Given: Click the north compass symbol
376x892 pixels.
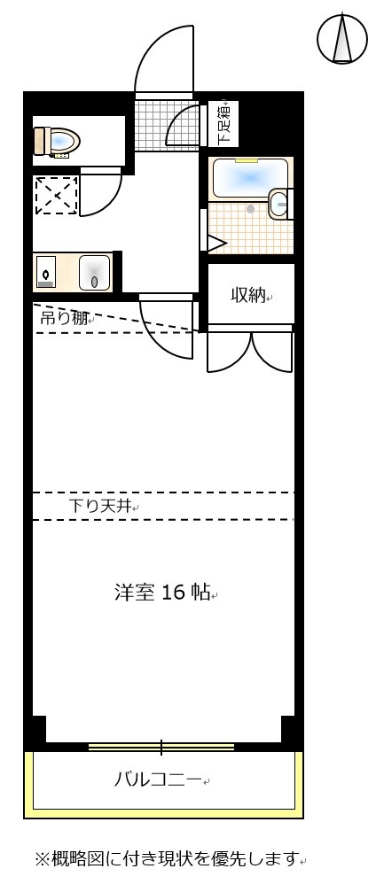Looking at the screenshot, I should click(342, 38).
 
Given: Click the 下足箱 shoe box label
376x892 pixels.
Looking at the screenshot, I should click(224, 124).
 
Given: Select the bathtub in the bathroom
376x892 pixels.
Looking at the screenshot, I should click(250, 177).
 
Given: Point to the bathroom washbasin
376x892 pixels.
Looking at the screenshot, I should click(278, 204).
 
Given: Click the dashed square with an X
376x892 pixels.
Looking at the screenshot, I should click(56, 195).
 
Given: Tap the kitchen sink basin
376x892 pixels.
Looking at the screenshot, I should click(94, 272).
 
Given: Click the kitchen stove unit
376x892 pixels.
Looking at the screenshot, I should click(46, 272).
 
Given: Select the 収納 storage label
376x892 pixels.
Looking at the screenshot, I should click(248, 295).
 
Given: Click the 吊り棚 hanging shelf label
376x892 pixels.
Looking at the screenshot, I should click(63, 317).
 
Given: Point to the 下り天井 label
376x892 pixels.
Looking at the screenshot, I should click(100, 507).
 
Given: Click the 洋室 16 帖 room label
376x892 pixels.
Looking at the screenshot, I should click(162, 593).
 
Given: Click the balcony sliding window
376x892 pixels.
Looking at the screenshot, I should click(161, 747).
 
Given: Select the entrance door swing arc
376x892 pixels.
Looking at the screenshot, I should click(164, 59).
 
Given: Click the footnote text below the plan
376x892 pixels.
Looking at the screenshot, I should click(168, 858).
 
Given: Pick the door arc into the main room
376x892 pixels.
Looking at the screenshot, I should click(168, 330).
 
